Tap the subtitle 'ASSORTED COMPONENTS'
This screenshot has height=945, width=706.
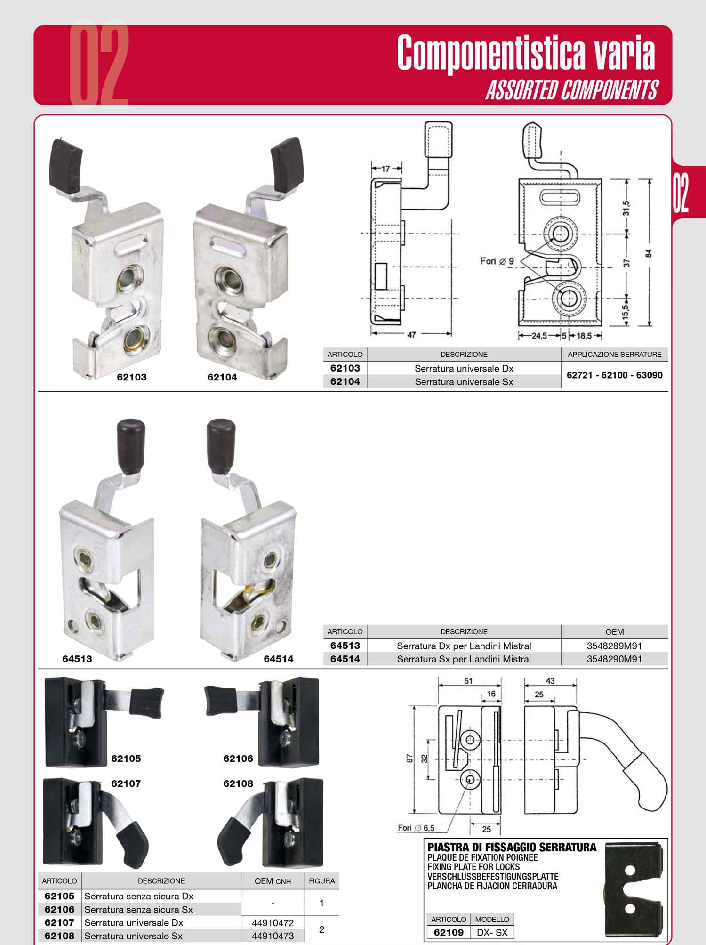[x=572, y=89]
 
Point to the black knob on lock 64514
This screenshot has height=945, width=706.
[x=221, y=445]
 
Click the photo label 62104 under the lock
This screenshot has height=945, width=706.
[x=222, y=377]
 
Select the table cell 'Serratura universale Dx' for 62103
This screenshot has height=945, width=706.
[x=464, y=368]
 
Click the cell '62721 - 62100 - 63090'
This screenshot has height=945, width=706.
[x=615, y=375]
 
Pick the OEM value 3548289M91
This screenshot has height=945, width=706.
[x=614, y=646]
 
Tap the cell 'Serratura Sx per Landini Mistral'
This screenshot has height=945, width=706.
[x=464, y=659]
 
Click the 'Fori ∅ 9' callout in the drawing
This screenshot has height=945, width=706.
[x=497, y=261]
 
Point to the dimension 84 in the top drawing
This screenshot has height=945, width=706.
[x=649, y=253]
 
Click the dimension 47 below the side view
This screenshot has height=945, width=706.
[x=411, y=335]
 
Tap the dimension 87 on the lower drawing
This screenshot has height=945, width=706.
[x=410, y=759]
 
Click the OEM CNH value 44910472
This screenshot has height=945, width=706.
[x=273, y=923]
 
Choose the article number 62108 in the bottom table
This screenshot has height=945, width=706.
[x=59, y=936]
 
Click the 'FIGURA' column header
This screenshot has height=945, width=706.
[x=322, y=881]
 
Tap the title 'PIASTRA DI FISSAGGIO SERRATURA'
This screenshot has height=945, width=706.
[x=512, y=848]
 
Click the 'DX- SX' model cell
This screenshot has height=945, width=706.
[x=492, y=932]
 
